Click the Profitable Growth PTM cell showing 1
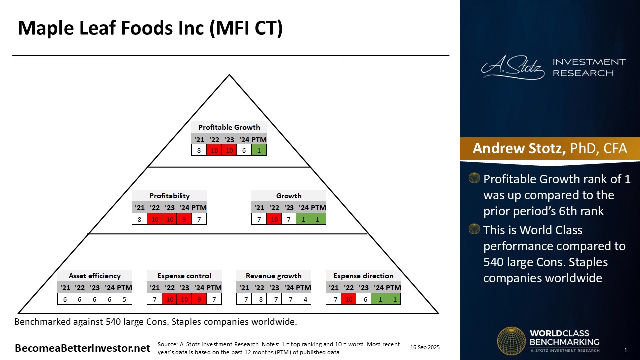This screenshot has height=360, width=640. click(259, 150)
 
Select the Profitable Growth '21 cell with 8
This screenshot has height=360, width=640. click(199, 150)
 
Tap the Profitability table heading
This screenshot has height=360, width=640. click(169, 196)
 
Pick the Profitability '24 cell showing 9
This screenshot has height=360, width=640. click(184, 219)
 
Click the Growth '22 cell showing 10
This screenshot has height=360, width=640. click(274, 219)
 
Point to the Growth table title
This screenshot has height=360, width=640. click(289, 196)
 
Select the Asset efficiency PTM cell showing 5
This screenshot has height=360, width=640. click(124, 299)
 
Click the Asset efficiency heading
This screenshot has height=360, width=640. click(95, 276)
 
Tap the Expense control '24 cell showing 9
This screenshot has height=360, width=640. click(199, 299)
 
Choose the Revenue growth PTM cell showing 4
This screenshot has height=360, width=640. click(304, 299)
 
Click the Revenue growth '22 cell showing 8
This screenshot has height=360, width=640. click(259, 299)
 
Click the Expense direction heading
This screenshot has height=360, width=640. click(363, 276)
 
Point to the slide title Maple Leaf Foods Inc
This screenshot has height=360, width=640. click(150, 28)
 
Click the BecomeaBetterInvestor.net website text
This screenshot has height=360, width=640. click(82, 348)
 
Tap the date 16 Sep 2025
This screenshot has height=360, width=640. click(425, 347)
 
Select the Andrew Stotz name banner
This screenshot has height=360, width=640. click(549, 149)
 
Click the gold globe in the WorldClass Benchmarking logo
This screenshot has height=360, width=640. click(511, 341)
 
